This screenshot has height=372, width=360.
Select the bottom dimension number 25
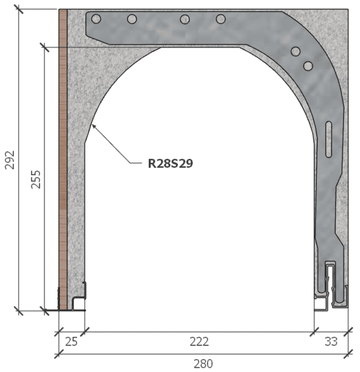point(72,341)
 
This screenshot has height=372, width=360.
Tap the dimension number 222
point(199,341)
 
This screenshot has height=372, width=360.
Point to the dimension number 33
point(330,341)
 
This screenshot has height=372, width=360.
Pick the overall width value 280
point(203,363)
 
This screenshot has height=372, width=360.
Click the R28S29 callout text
point(170,163)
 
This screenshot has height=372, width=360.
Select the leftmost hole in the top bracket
point(96,19)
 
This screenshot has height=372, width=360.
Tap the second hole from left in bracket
point(132,19)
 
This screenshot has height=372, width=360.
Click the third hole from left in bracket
point(185,19)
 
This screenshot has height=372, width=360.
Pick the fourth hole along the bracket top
point(221,19)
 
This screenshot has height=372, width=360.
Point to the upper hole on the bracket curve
point(295,52)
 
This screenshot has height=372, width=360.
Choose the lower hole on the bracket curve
point(307,65)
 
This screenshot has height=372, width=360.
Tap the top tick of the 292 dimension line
point(19,9)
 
